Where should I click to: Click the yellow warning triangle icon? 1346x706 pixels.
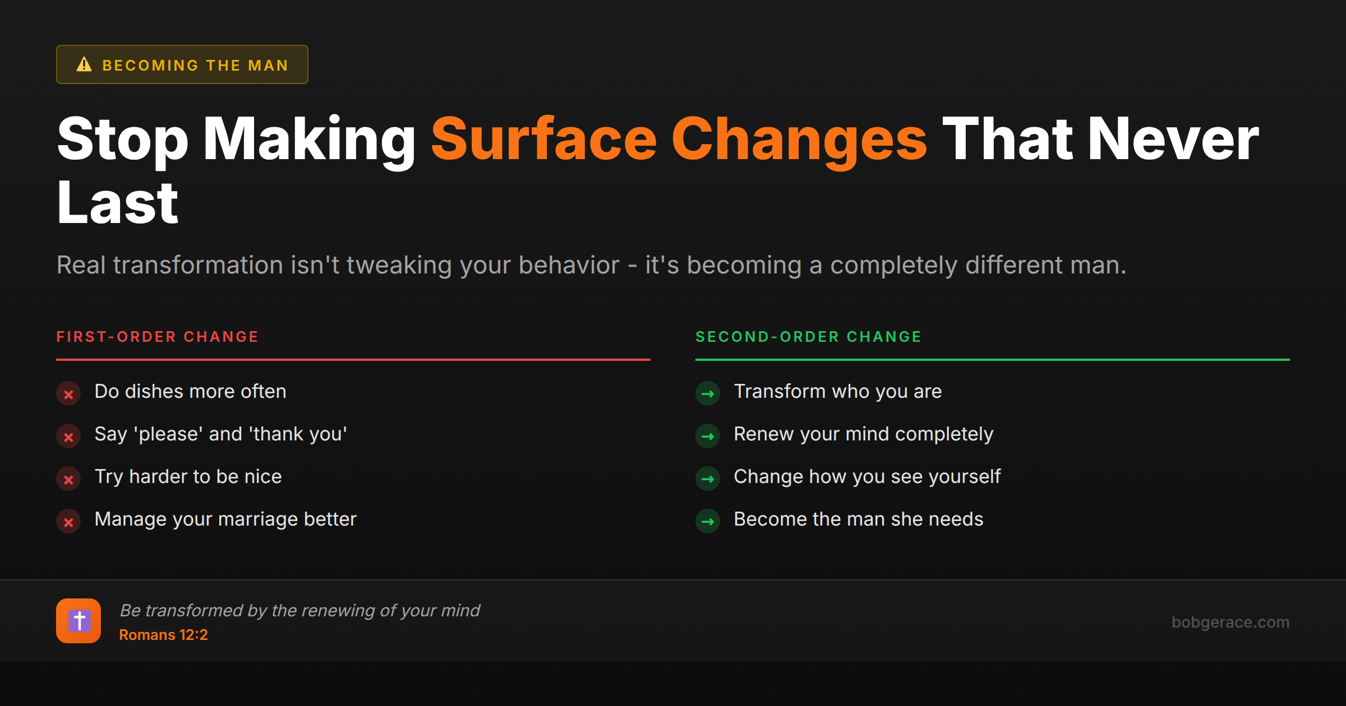(84, 64)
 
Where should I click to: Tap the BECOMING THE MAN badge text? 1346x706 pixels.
(195, 66)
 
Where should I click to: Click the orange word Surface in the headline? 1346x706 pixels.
(543, 139)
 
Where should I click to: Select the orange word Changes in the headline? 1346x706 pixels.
(799, 139)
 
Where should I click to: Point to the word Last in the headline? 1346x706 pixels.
(118, 203)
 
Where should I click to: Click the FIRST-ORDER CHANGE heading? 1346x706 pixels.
(157, 337)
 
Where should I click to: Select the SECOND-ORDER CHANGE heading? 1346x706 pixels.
(808, 337)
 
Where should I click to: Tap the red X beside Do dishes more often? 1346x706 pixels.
(68, 394)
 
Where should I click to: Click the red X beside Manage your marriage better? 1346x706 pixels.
(68, 522)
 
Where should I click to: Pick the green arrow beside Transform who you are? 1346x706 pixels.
(708, 394)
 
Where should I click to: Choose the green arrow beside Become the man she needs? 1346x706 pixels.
(708, 522)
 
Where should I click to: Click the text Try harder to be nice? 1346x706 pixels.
(188, 477)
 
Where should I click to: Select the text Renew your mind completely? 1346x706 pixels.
(863, 434)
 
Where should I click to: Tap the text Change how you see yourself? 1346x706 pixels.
(867, 477)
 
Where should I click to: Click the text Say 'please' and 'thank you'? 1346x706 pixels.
(220, 434)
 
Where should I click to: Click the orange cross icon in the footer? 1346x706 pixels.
(79, 621)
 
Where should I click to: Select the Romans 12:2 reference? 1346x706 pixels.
(163, 635)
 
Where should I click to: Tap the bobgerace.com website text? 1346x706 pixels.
(1230, 622)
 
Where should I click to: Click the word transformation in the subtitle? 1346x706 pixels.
(197, 265)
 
